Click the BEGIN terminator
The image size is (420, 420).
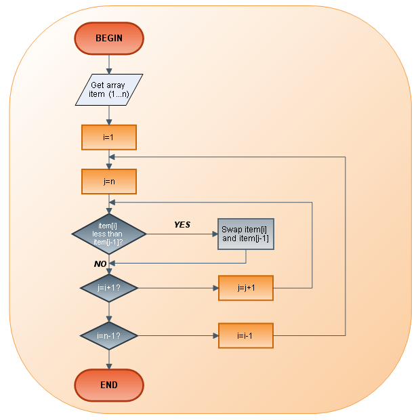(x=109, y=38)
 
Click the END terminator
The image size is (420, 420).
(x=109, y=385)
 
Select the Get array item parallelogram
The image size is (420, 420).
(x=109, y=89)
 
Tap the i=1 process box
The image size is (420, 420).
(x=109, y=137)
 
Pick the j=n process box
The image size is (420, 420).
(x=109, y=181)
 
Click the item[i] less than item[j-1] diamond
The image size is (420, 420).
(x=109, y=234)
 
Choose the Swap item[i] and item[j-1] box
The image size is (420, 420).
(x=245, y=234)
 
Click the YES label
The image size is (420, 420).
(x=182, y=225)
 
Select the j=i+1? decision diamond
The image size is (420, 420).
(x=109, y=288)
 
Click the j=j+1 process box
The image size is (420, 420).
(x=245, y=288)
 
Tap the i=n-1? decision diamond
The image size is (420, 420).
(x=109, y=335)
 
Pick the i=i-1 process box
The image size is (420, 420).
(x=245, y=335)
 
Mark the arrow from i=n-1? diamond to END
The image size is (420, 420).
(x=109, y=359)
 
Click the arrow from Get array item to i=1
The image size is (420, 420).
(x=109, y=115)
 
